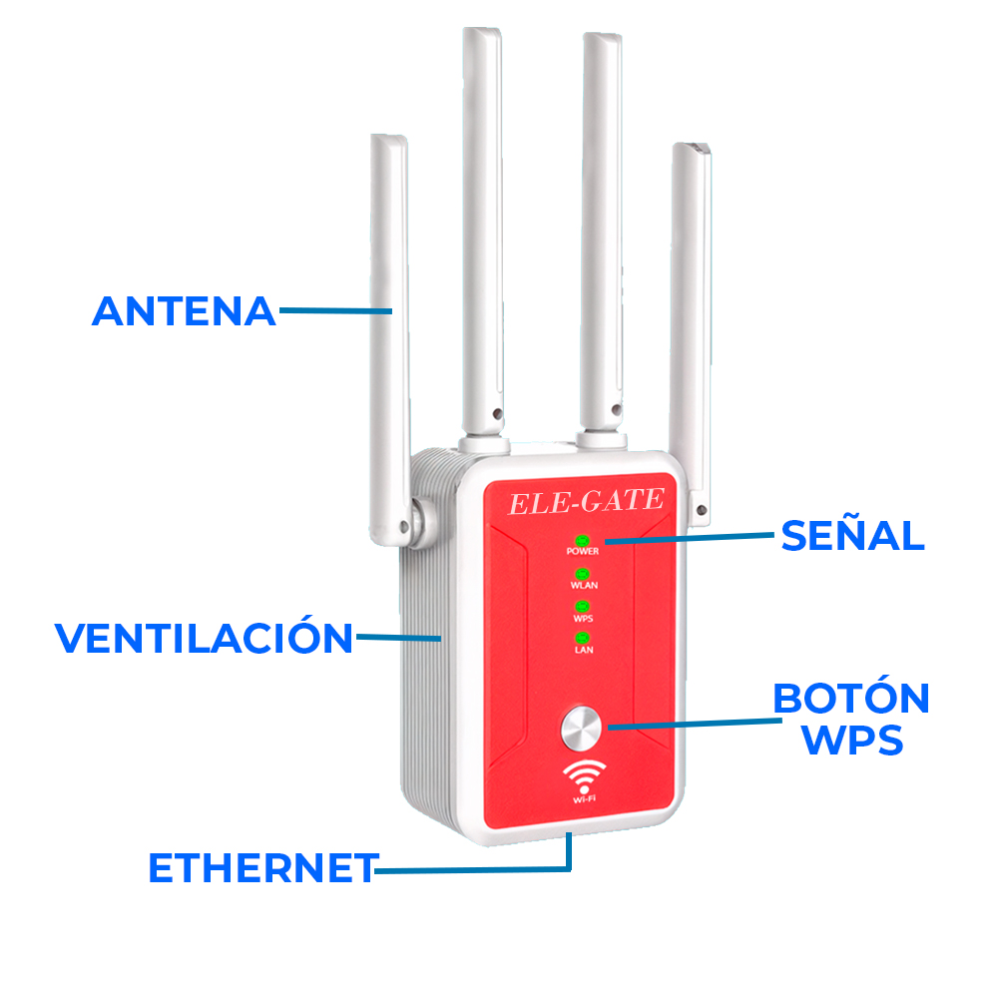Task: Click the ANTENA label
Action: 184,311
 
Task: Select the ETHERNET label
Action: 263,867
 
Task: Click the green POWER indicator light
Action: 582,541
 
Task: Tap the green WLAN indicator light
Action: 582,574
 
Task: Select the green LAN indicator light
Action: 583,638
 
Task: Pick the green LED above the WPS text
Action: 582,607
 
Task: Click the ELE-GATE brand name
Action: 586,502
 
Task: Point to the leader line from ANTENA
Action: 335,310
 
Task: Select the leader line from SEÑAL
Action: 690,539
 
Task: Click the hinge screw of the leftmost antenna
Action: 403,526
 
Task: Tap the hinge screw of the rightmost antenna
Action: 702,510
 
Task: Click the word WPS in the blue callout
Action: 852,739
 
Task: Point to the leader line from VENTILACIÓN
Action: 398,637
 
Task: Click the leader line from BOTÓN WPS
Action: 695,724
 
